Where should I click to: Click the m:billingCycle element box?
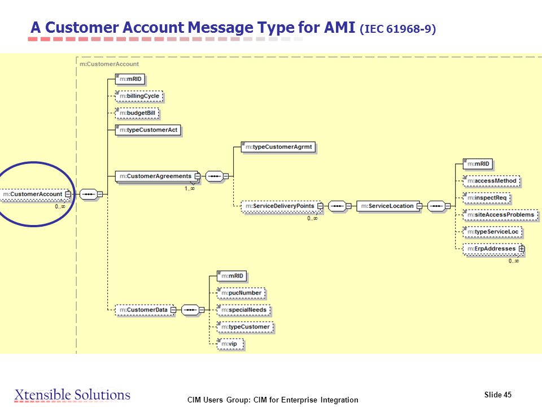click(139, 96)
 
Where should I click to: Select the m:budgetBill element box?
click(137, 113)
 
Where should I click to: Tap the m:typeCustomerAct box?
click(148, 130)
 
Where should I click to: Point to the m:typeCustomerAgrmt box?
click(278, 147)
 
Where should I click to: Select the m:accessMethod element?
click(492, 181)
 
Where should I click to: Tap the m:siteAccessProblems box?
click(501, 215)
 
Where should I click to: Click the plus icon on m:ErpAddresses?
click(522, 249)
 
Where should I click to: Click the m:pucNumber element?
click(241, 293)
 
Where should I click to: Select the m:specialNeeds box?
click(244, 310)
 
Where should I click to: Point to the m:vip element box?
click(230, 344)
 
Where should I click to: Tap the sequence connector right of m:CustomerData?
click(190, 310)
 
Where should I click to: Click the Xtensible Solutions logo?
click(72, 395)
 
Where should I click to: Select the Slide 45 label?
click(498, 395)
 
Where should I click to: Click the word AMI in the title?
click(340, 28)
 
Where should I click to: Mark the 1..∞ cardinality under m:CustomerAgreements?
click(190, 189)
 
